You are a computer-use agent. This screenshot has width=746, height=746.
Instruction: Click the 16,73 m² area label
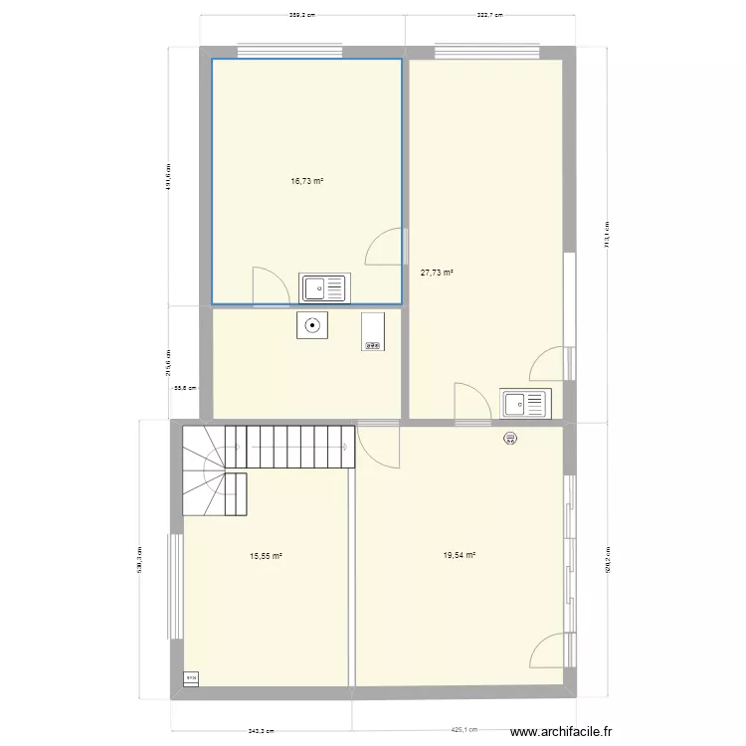click(307, 182)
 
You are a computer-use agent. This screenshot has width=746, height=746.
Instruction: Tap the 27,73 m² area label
click(437, 272)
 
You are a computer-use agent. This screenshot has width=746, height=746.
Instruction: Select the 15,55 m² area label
click(266, 557)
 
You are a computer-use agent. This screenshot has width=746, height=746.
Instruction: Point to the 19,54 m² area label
click(460, 557)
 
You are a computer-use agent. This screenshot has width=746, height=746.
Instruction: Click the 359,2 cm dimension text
click(302, 15)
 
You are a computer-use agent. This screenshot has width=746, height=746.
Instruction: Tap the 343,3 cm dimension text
click(262, 731)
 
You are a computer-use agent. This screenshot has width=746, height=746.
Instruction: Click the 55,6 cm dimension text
click(185, 389)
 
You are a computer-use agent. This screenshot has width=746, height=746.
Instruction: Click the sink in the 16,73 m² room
click(323, 287)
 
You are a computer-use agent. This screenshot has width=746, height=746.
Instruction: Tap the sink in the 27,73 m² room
click(524, 404)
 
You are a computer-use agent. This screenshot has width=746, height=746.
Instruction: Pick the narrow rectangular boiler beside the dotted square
click(373, 331)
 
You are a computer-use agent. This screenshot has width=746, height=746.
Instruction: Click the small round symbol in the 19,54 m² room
click(510, 437)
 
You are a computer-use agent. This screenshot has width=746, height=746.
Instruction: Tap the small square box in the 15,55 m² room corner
click(191, 678)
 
